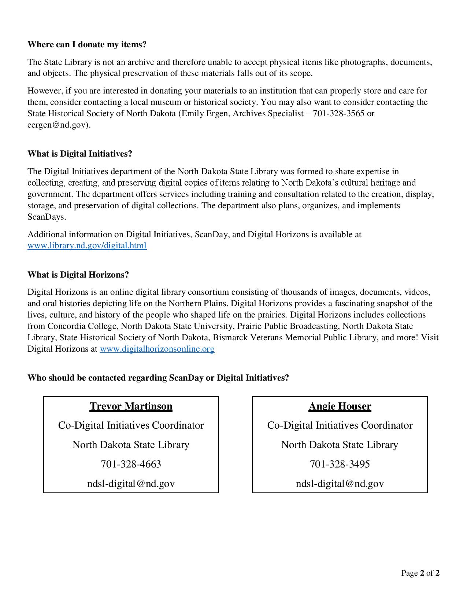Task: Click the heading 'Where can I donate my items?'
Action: [x=87, y=44]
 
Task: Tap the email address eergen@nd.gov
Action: [x=58, y=125]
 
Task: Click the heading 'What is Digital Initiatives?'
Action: [x=79, y=154]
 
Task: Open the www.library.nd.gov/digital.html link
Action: [x=87, y=245]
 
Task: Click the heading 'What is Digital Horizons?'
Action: [x=78, y=275]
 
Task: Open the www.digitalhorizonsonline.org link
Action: [x=157, y=349]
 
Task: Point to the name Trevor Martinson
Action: [x=131, y=406]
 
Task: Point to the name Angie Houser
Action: [x=340, y=406]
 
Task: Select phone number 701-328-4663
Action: [x=131, y=464]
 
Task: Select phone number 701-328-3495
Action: [x=340, y=464]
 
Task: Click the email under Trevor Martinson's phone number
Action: [x=131, y=483]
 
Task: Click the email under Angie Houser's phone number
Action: [x=340, y=483]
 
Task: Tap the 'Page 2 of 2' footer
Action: [x=420, y=573]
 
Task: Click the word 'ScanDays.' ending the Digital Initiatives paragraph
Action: [x=47, y=217]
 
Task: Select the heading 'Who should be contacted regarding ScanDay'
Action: [x=158, y=378]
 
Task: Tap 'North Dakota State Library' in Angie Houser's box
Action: [x=340, y=444]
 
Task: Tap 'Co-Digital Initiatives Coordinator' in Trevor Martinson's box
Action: [x=131, y=425]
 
